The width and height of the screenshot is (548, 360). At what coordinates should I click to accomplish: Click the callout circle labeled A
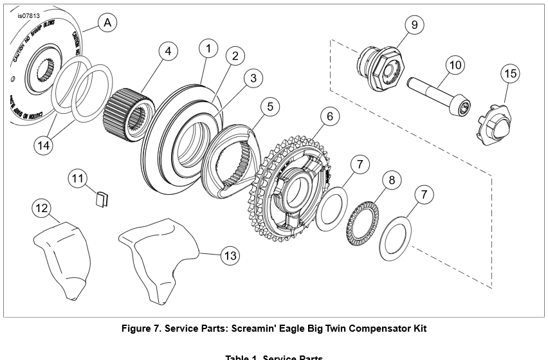(x=107, y=23)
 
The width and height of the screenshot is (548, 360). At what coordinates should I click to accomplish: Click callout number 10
(x=455, y=65)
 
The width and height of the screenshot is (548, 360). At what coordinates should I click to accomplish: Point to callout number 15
(x=510, y=74)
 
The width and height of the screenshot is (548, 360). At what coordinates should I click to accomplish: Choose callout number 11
(x=78, y=178)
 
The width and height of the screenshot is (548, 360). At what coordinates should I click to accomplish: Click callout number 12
(x=42, y=209)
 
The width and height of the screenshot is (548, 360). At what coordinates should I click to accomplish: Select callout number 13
(x=230, y=256)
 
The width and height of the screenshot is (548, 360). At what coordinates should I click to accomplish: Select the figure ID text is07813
(x=29, y=15)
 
